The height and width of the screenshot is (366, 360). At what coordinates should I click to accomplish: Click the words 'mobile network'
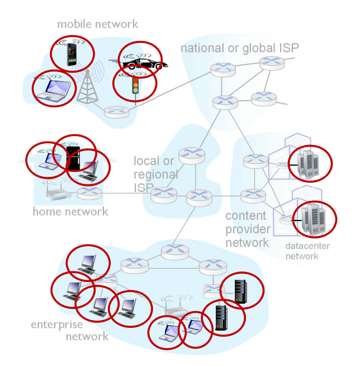pos(97,24)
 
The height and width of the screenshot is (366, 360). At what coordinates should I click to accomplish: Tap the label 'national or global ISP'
pos(239,48)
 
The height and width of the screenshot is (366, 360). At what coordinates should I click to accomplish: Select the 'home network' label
pos(70,212)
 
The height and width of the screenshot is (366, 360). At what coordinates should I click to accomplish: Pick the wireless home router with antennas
pos(56,193)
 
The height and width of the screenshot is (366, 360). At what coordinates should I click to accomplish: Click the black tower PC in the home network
pos(73,157)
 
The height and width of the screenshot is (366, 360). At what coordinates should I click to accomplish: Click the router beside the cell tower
pos(116,111)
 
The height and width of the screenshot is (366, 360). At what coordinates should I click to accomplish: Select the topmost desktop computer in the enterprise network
pos(88,262)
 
